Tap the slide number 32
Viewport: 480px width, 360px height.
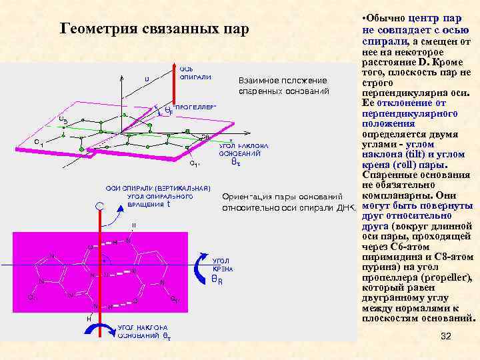click(x=446, y=336)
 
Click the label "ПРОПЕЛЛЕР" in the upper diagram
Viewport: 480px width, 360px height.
click(x=195, y=107)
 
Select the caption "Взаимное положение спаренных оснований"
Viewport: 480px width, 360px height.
click(x=283, y=85)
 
